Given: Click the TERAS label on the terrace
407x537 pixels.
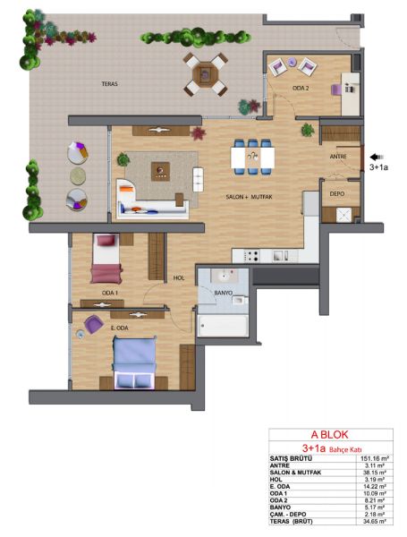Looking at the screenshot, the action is pos(109,83).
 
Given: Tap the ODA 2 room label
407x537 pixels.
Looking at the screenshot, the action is pos(301,88).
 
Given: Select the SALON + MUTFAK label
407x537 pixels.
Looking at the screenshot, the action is pos(250,197).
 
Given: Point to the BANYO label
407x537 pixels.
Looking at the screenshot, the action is pos(224,293).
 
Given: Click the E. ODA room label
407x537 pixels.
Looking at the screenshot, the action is pos(120,328).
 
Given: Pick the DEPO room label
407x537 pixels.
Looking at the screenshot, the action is pos(337,194).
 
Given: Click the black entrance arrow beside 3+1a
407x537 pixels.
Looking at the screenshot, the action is pos(377,157).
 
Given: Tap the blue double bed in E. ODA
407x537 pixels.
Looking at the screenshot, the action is pos(134,362).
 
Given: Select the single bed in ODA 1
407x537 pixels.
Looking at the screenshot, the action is pos(106,259).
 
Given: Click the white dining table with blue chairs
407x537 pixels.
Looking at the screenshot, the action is pos(252,158).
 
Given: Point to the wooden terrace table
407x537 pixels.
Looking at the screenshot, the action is pos(206,74).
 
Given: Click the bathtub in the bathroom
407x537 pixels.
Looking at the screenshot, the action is pos(224,326).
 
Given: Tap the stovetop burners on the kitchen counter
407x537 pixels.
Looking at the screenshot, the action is pos(251,255).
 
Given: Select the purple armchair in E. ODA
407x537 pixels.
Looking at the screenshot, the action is pos(93,324).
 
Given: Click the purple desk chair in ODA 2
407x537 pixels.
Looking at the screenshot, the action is pos(336,90).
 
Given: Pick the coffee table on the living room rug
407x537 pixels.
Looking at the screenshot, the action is pos(160,171).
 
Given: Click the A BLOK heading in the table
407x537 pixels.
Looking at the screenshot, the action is pos(329,435).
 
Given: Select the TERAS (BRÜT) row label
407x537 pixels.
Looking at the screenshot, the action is pos(292,522).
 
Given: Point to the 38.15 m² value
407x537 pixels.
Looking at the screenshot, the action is pos(376,473).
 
